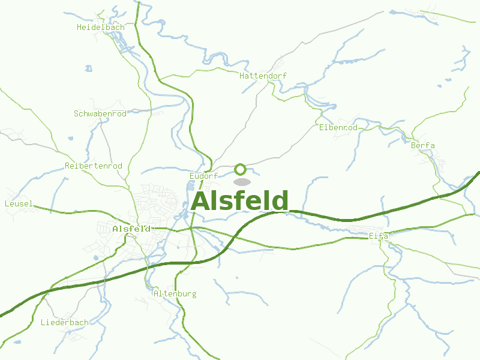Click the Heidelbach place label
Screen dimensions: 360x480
pos(101,27)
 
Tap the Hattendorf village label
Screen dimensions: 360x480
pos(263,76)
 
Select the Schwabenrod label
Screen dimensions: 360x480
pos(100,113)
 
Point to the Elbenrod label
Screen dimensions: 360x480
pos(338,128)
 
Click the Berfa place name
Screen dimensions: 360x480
pos(423,146)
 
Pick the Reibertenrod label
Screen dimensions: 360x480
pos(93,166)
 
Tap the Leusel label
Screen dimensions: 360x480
pos(19,204)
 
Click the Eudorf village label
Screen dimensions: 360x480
pos(203,176)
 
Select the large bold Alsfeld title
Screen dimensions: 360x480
pos(240,201)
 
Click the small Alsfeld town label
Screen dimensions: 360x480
pos(131,229)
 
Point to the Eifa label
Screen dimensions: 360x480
pos(379,236)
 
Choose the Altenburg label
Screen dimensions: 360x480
pos(175,294)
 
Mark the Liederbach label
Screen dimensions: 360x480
pos(65,322)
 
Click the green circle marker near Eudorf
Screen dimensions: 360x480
pos(241,169)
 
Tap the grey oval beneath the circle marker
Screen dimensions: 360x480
pos(241,182)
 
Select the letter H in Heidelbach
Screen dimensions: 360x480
pos(80,27)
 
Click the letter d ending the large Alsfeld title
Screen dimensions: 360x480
pos(280,201)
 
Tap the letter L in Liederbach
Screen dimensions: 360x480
pos(43,322)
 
